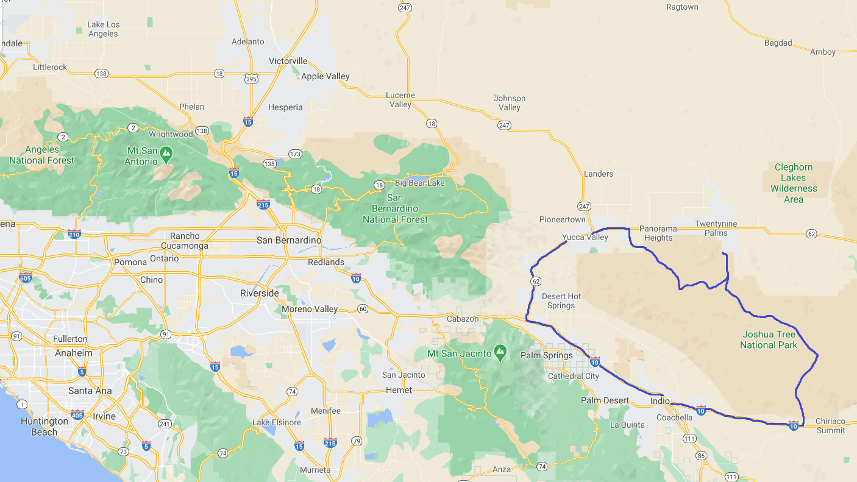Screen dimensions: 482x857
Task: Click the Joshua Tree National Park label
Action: point(769,340)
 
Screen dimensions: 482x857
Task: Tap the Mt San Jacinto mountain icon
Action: point(500,351)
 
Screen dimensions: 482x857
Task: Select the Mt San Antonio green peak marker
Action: point(166,153)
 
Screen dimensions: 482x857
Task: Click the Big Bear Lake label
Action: point(420,183)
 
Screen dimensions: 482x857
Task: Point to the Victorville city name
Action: point(288,61)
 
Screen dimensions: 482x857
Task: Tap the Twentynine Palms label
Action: point(716,229)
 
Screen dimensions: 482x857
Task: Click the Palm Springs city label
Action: point(546,355)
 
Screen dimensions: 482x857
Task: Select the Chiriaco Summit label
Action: point(831,425)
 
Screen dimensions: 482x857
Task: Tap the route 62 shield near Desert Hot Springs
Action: point(536,281)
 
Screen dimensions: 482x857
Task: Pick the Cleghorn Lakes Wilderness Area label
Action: point(794,183)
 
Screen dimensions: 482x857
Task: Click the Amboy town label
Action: point(822,52)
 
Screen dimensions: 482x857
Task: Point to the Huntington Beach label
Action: point(44,427)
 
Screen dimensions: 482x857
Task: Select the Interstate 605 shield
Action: point(26,278)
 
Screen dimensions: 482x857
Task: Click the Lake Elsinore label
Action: point(276,422)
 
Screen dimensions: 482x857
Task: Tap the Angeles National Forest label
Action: point(42,155)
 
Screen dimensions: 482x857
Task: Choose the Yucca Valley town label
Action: point(585,237)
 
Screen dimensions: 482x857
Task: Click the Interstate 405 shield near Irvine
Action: point(77,415)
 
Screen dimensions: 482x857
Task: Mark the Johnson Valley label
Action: point(510,102)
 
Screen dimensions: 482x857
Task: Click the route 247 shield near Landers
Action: point(583,207)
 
